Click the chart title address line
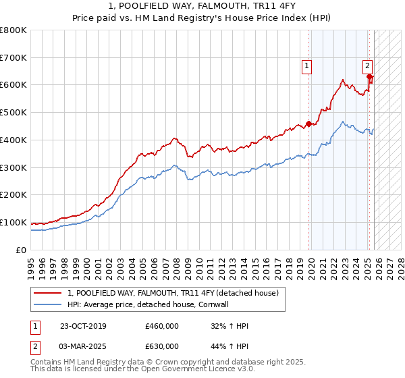pos(202,6)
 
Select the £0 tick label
pos(20,250)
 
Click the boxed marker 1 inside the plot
pos(306,66)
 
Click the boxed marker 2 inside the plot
pos(367,66)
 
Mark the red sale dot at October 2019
pos(308,124)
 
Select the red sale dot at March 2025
pos(369,76)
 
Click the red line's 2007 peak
pos(174,138)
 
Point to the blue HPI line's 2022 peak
pos(343,122)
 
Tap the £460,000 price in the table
pos(162,327)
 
